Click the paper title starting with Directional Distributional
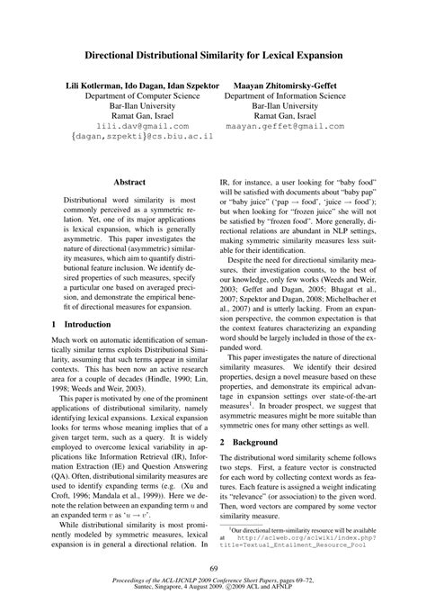click(x=213, y=55)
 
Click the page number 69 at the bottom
click(x=213, y=566)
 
